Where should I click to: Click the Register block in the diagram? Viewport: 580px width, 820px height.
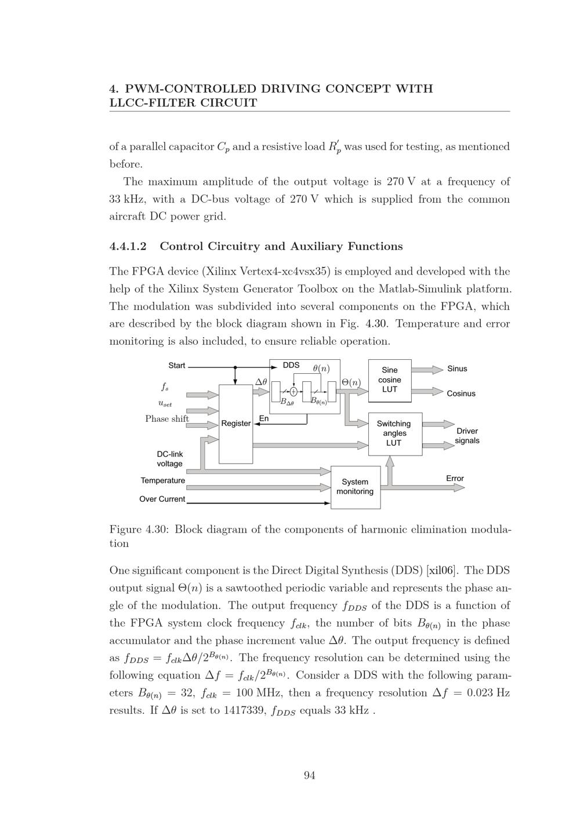tap(235, 424)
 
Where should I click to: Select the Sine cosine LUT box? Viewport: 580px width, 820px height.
tap(390, 380)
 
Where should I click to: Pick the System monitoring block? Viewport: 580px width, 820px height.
tap(355, 487)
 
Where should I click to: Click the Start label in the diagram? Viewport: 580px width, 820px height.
tap(177, 365)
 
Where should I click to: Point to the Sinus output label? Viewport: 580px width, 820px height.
tap(457, 369)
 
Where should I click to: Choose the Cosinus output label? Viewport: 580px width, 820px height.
tap(461, 393)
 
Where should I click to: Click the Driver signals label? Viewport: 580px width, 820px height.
tap(467, 436)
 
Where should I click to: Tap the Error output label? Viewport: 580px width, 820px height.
tap(455, 479)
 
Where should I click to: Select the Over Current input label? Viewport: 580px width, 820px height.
tap(162, 499)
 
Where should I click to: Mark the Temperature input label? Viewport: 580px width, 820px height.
tap(163, 480)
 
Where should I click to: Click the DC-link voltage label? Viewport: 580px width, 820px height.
tap(169, 459)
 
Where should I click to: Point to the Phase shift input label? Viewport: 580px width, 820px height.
tap(167, 419)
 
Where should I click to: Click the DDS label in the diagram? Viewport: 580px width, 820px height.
tap(291, 365)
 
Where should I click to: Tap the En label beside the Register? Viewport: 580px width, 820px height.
tap(264, 418)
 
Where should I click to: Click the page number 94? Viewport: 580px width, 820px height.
tap(310, 776)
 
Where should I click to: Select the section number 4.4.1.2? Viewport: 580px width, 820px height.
tap(128, 246)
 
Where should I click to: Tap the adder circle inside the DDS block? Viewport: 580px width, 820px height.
tap(294, 392)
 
